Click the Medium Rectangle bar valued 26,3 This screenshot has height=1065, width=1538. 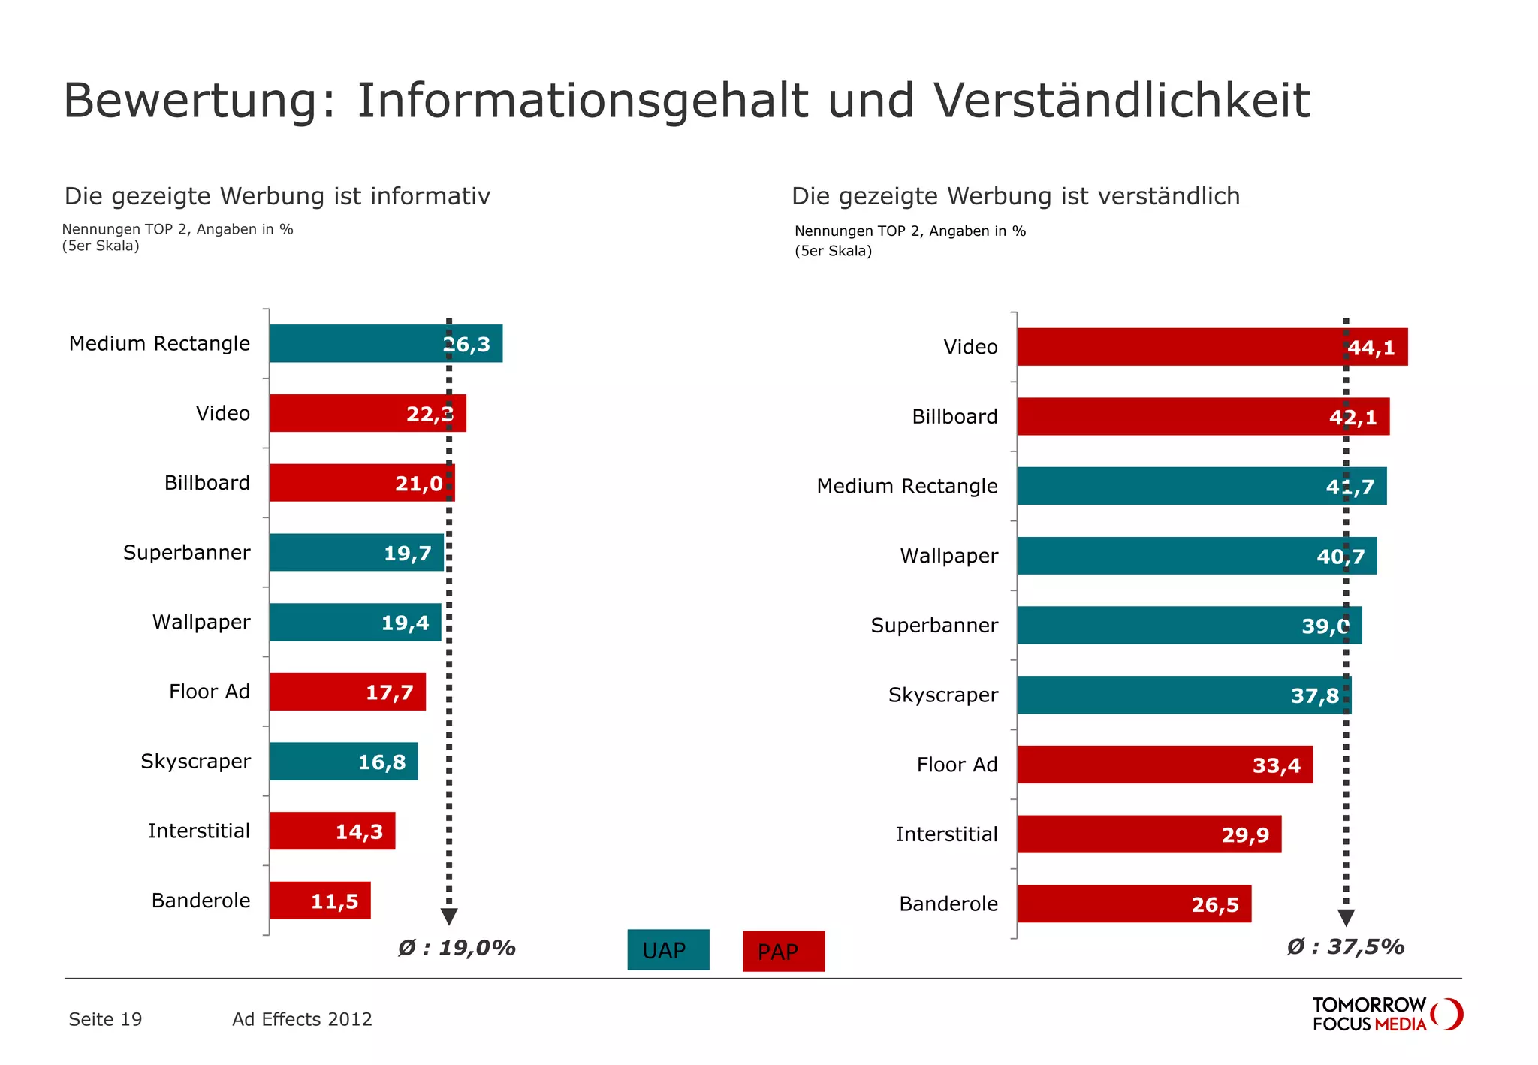[x=385, y=343]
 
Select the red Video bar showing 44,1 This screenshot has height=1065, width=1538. [x=1211, y=347]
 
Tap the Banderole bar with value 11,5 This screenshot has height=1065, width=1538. [x=320, y=900]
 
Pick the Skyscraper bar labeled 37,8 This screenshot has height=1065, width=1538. [x=1184, y=695]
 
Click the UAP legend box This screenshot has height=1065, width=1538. [x=668, y=950]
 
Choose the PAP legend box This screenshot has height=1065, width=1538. [x=783, y=952]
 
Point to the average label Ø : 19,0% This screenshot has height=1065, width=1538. [x=457, y=948]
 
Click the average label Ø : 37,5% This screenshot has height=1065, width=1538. [x=1345, y=946]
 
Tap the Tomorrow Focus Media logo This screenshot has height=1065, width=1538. [x=1386, y=1015]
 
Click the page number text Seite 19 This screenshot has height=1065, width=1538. [x=105, y=1019]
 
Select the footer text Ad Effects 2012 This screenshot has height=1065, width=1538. [x=302, y=1019]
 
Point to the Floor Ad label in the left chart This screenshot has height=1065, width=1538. [x=209, y=692]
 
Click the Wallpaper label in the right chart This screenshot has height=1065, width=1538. [x=948, y=556]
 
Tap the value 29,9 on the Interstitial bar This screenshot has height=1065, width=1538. [x=1245, y=835]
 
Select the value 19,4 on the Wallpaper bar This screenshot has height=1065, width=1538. [x=405, y=623]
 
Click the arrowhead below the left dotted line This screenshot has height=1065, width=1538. [x=449, y=916]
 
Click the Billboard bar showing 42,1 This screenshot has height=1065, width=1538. [x=1202, y=417]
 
